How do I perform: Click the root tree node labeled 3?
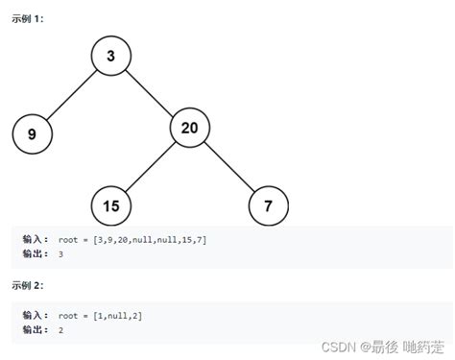pos(111,57)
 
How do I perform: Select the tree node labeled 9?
pos(32,134)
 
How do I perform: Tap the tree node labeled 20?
pos(190,128)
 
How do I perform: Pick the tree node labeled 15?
pos(111,205)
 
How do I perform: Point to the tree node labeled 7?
pos(268,205)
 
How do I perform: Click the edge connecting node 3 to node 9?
pos(72,95)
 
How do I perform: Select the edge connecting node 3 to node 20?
pos(151,92)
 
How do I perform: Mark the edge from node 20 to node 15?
pos(151,166)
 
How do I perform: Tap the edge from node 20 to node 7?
pos(229,167)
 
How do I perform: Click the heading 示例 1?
pos(27,19)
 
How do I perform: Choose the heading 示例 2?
pos(27,285)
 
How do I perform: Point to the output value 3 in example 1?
pos(60,253)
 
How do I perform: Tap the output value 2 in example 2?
pos(60,329)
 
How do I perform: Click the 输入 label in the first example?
pos(35,239)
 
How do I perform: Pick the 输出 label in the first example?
pos(35,253)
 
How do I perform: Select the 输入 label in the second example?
pos(35,315)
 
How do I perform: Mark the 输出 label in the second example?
pos(35,329)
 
